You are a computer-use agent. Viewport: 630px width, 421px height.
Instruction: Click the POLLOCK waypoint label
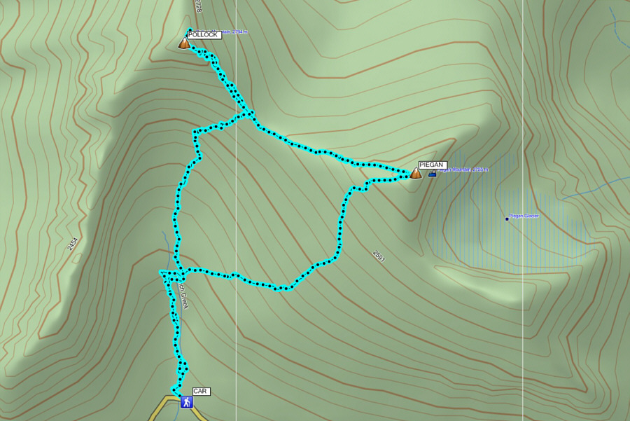pos(204,34)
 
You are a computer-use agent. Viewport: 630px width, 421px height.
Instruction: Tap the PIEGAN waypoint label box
pos(432,165)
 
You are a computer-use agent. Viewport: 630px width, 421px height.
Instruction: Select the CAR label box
pos(202,392)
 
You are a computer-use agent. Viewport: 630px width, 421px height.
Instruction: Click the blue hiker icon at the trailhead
pos(186,401)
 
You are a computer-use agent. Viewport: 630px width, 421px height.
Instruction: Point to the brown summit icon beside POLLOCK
pos(184,43)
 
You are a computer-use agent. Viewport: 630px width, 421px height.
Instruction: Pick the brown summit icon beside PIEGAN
pos(416,172)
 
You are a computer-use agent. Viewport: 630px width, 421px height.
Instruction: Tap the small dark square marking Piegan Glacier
pos(507,219)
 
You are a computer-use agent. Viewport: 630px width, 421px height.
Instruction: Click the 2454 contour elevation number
pos(72,244)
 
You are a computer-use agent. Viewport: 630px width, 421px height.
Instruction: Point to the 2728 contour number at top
pos(198,6)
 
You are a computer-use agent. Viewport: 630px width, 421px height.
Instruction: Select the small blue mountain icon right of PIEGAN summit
pos(432,173)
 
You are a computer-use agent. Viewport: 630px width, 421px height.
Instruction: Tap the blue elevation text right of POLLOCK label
pos(234,32)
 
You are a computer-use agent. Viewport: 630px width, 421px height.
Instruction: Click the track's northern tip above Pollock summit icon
pos(190,30)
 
